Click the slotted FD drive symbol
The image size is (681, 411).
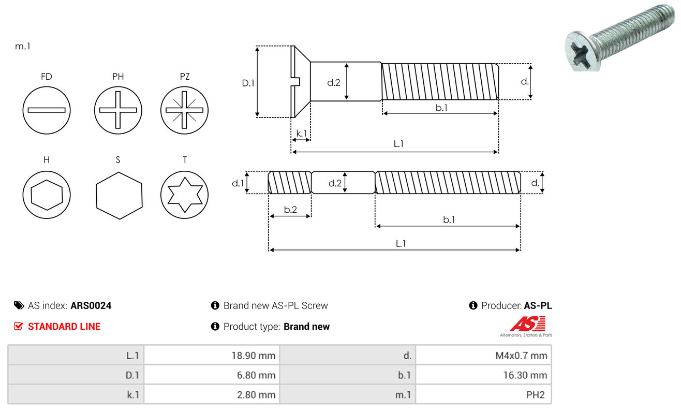[x=47, y=110]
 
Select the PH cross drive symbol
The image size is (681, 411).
[x=118, y=110]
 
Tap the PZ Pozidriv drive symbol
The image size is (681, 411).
[x=184, y=110]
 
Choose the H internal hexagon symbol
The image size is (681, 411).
[x=47, y=195]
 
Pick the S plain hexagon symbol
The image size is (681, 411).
[x=119, y=196]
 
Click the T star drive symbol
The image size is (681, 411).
[x=184, y=195]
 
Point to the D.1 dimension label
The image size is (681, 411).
[x=248, y=83]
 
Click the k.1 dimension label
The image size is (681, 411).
[x=302, y=134]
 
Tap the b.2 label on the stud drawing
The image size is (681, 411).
[x=290, y=210]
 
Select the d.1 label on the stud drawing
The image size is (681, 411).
[x=238, y=183]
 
